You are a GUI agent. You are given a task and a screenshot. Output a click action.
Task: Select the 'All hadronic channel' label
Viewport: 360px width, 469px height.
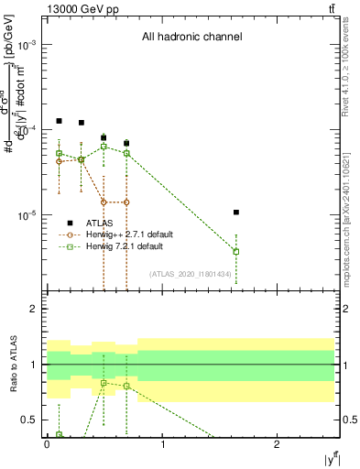(x=191, y=38)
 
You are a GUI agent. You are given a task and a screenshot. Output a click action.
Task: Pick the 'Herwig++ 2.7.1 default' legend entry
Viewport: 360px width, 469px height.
(x=125, y=234)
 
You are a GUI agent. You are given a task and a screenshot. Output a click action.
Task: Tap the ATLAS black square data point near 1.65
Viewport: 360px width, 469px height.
(x=236, y=213)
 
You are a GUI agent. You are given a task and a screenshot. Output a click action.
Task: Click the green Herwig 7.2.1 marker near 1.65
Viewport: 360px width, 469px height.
(x=236, y=251)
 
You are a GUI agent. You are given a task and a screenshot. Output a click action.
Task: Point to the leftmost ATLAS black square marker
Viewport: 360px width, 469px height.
(x=59, y=121)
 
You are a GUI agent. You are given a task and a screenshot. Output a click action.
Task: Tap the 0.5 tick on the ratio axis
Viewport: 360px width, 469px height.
(x=30, y=420)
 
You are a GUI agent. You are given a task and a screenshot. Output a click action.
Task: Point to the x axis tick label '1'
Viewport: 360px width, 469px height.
(x=162, y=444)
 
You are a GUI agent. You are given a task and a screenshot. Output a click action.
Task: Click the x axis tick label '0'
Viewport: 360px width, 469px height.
(x=47, y=444)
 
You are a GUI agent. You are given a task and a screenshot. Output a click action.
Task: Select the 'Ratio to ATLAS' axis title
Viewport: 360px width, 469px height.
(x=12, y=365)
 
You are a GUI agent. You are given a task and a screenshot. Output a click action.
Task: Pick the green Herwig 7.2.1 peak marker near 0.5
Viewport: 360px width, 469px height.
(x=104, y=146)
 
